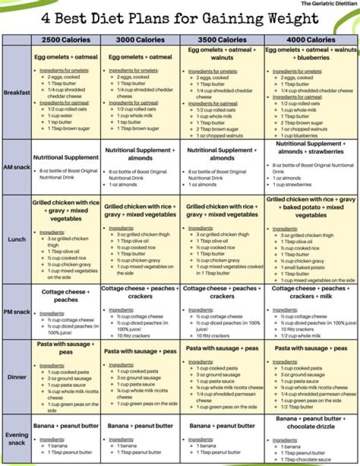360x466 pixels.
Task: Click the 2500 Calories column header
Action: coord(65,40)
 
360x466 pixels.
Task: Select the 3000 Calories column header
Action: coord(140,40)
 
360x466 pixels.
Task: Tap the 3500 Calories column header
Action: coord(222,40)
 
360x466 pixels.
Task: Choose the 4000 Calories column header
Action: coord(311,40)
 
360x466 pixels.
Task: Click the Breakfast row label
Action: coord(16,93)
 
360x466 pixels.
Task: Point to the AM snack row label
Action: coord(16,168)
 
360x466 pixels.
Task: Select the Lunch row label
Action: coord(16,239)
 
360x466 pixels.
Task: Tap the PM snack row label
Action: coord(16,312)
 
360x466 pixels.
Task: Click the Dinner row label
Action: coord(16,377)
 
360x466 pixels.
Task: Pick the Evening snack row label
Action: coord(16,438)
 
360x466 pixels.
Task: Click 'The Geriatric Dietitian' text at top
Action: coord(328,4)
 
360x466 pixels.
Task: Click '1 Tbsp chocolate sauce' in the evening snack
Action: coord(305,459)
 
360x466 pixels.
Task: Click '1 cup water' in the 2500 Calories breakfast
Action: coord(60,116)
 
